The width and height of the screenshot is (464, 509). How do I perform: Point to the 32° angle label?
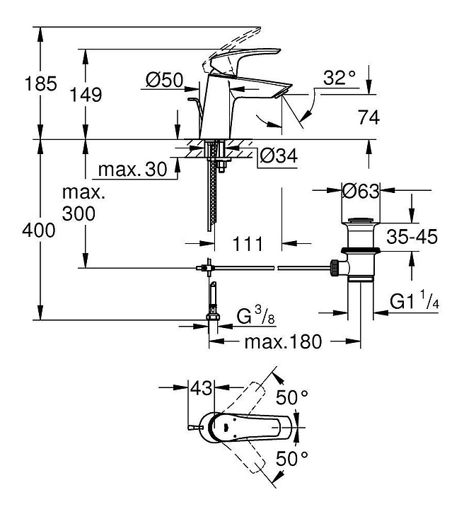340,78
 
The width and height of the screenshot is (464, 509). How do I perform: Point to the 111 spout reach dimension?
248,244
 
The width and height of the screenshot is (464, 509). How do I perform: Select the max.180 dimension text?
283,342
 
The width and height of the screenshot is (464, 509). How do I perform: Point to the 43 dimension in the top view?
201,388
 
